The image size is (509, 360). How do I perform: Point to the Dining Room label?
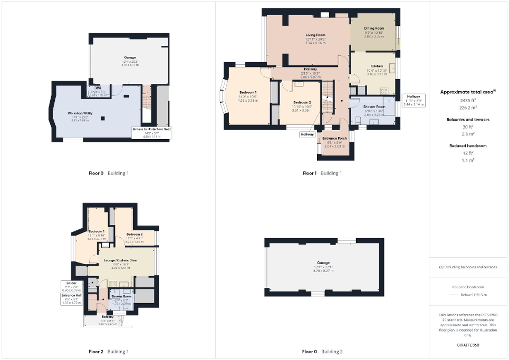pyautogui.click(x=374, y=28)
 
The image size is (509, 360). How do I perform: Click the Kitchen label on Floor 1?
pyautogui.click(x=377, y=66)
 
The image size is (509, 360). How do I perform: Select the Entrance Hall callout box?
pyautogui.click(x=70, y=299)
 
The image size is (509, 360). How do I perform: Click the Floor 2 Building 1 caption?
pyautogui.click(x=109, y=352)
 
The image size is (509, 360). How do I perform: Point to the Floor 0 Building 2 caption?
pyautogui.click(x=322, y=352)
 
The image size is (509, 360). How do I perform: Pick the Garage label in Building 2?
pyautogui.click(x=323, y=262)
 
